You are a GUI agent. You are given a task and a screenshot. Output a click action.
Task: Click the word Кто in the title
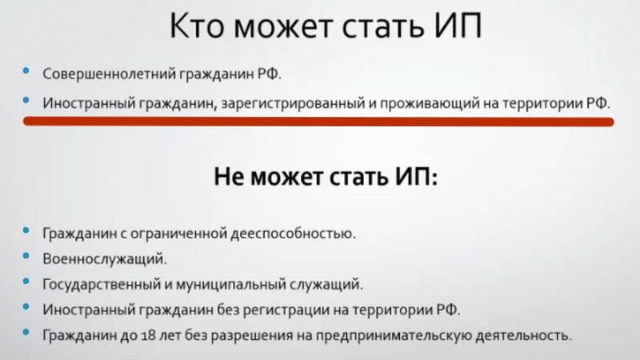point(197,26)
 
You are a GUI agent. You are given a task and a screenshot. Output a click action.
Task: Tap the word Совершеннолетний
point(110,74)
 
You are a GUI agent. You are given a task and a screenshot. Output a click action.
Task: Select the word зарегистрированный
point(293,103)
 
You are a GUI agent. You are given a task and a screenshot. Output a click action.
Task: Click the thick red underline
point(318,122)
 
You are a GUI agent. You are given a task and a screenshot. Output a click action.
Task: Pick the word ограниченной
point(178,234)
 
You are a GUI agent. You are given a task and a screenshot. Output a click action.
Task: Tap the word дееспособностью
point(293,234)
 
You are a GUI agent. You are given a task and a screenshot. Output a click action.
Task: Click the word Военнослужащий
point(105,258)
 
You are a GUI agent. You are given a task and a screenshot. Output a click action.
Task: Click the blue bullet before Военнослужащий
point(26,256)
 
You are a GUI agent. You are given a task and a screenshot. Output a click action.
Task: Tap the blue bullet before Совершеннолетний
point(26,70)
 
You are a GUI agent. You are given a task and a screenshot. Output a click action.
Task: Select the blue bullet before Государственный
point(26,282)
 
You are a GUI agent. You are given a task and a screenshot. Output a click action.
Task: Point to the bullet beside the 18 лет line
point(26,332)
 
